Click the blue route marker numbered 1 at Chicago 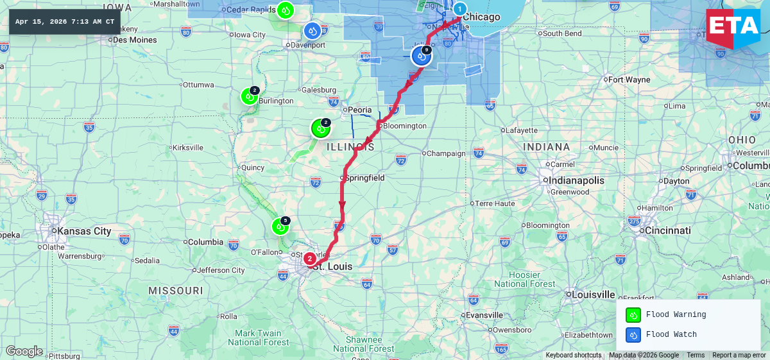coord(459,9)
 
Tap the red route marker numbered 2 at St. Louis coord(309,259)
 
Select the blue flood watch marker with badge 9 coord(422,56)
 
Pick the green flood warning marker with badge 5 coord(280,226)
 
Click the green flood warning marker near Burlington coord(249,96)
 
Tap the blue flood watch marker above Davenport coord(312,30)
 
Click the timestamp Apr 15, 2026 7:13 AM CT coord(65,22)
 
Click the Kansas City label coord(83,231)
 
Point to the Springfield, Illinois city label coord(365,177)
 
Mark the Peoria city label coord(359,110)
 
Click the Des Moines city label coord(135,40)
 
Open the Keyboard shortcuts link coord(574,356)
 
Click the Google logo coord(24,351)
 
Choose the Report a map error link coord(739,356)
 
